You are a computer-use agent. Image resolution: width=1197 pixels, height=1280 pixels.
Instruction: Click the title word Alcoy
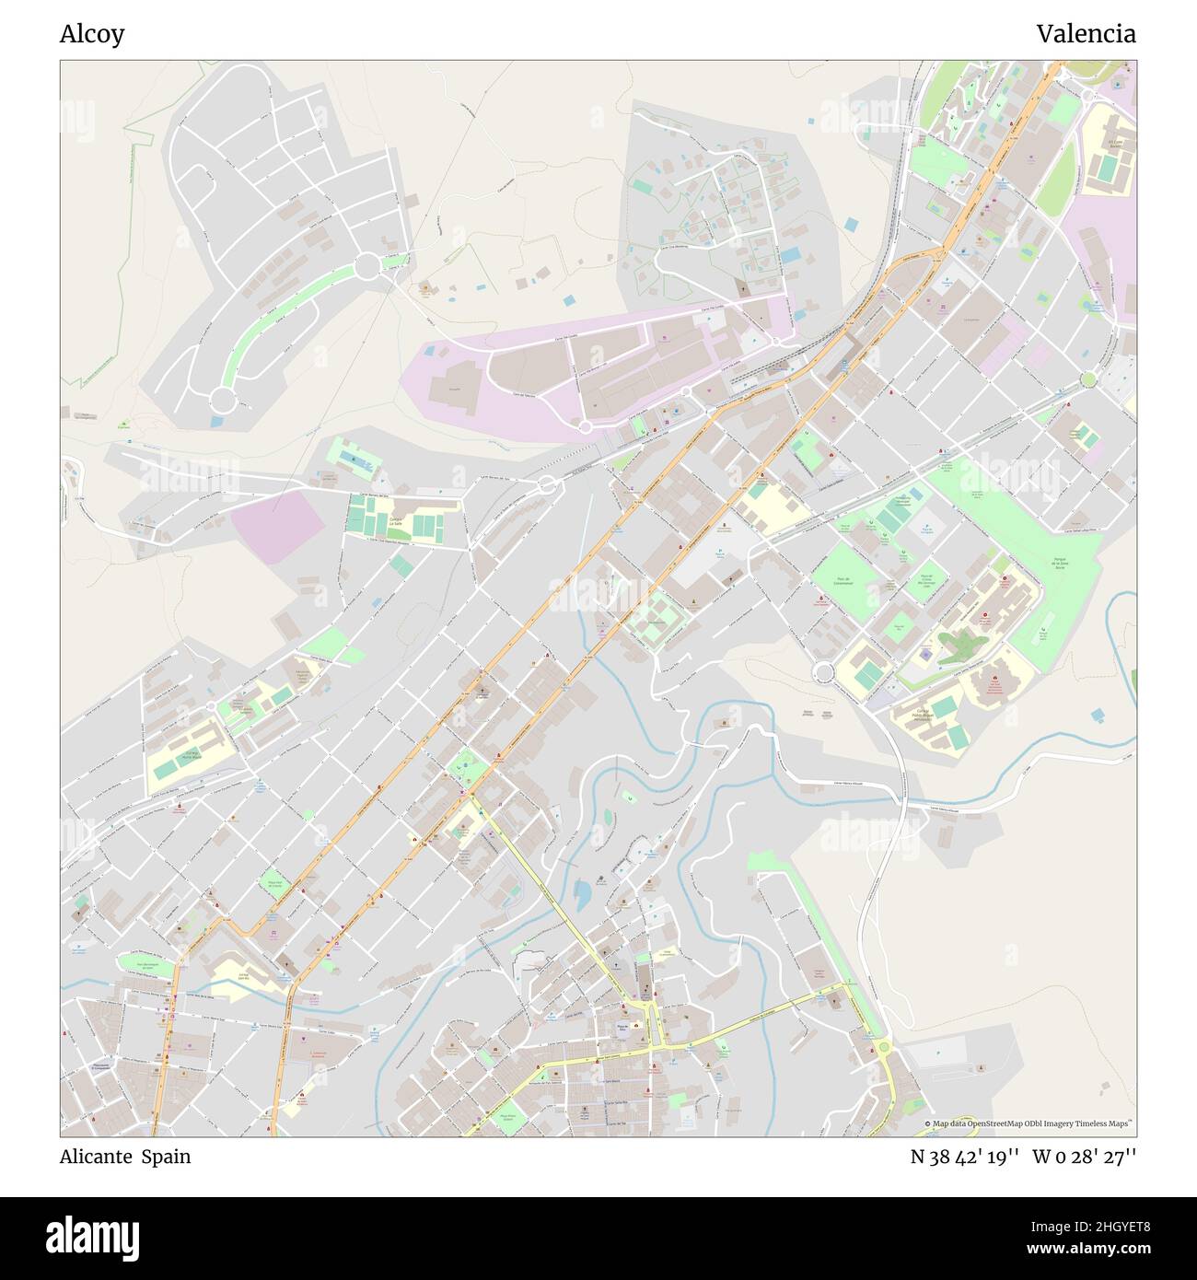tap(92, 34)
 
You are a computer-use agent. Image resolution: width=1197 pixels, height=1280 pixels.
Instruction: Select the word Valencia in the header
tap(1086, 34)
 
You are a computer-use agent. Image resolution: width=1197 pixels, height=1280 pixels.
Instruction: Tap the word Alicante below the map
tap(95, 1157)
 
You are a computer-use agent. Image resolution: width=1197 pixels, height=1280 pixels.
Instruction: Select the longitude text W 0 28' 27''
tap(1084, 1157)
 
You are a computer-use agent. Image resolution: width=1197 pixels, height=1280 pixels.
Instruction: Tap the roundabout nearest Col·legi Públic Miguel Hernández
tap(823, 673)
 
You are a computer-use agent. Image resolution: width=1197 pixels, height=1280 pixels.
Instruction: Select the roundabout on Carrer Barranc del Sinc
tap(546, 484)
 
